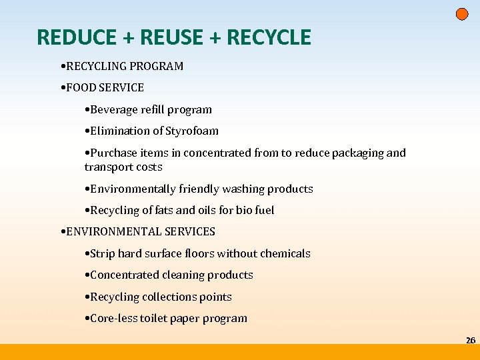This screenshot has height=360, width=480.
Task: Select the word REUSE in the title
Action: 172,37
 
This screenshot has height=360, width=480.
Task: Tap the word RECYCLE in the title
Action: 269,37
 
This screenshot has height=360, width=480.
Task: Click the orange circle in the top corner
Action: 462,14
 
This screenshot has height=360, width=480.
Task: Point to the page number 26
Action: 470,341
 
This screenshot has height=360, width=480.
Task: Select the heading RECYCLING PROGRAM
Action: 124,66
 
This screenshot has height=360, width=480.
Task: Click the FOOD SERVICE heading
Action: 104,87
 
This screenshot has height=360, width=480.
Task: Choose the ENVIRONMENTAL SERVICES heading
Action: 140,231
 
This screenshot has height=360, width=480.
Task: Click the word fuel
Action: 264,210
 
